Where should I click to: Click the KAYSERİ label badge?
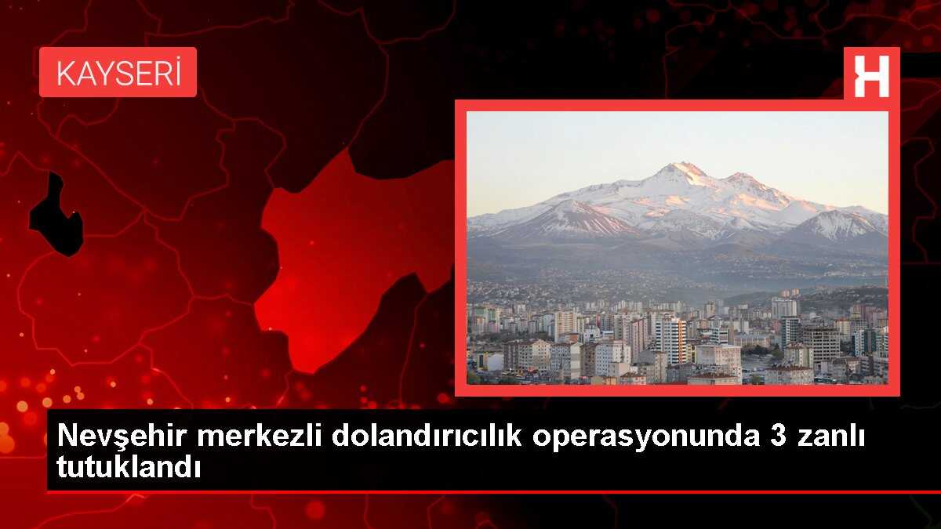[x=118, y=72]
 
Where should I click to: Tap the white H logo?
[x=871, y=76]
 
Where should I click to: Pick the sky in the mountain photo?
[x=596, y=149]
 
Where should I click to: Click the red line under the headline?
[x=494, y=491]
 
